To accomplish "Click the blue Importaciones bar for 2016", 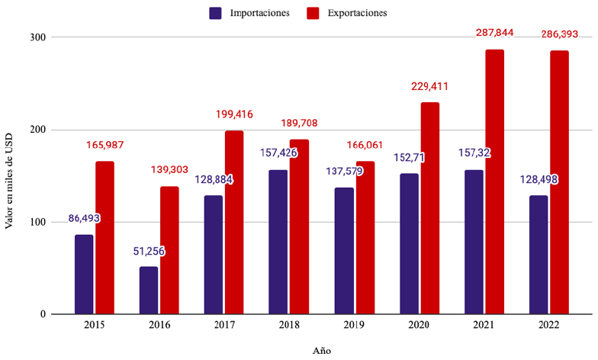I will click(x=149, y=290).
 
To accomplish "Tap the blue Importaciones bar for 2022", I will click(x=539, y=255).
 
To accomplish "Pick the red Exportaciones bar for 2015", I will click(x=105, y=237).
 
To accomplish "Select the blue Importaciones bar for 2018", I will click(x=278, y=241).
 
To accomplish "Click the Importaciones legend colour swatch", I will click(x=215, y=13).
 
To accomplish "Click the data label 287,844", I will click(x=496, y=33).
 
